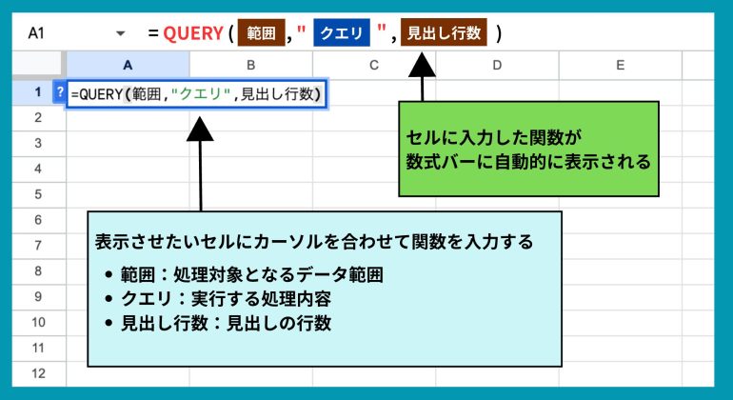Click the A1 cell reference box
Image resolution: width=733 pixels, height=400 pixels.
point(36,33)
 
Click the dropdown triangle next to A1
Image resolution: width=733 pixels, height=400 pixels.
point(121,33)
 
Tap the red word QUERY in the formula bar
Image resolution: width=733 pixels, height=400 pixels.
point(193,33)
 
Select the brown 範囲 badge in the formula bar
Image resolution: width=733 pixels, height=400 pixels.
point(262,32)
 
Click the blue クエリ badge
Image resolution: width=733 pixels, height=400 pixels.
point(342,32)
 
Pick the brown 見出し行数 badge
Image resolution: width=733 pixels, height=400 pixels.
point(444,32)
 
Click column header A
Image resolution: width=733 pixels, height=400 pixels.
point(128,65)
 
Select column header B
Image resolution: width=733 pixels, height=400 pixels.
point(251,65)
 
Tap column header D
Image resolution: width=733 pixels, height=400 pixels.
point(497,65)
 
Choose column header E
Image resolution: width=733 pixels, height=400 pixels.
point(621,65)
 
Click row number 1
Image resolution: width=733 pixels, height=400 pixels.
point(38,91)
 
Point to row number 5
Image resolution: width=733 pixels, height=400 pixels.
point(38,194)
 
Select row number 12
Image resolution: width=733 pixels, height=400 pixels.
point(38,373)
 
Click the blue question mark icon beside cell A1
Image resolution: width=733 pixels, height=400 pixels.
point(60,91)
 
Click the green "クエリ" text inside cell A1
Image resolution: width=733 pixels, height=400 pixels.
point(201,94)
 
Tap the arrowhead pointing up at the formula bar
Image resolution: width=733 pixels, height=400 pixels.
point(422,65)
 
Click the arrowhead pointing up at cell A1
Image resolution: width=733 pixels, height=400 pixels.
point(200,130)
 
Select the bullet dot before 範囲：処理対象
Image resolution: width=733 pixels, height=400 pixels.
point(109,274)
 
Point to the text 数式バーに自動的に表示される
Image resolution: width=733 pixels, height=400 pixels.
point(528,161)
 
